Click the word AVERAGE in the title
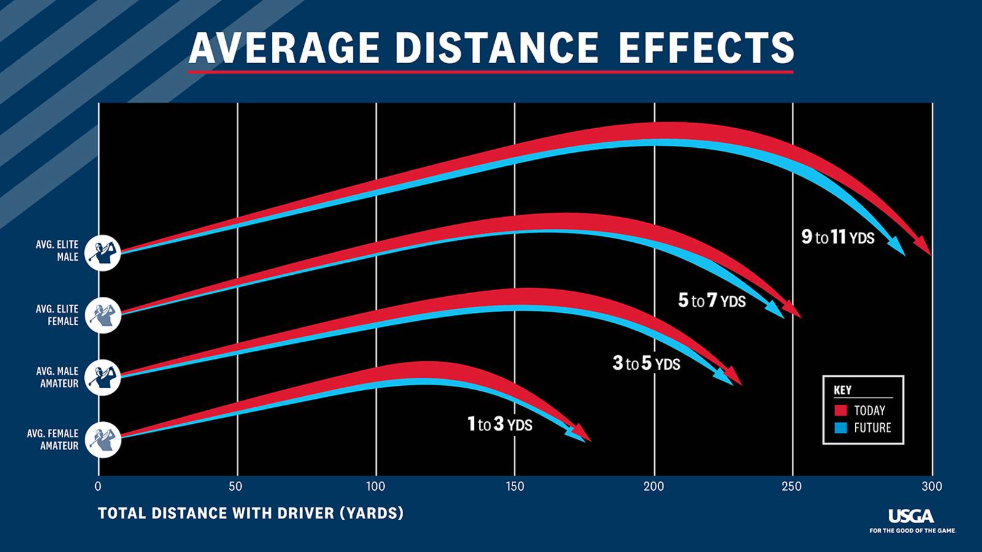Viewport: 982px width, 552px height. point(284,48)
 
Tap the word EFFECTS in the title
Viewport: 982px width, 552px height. point(706,48)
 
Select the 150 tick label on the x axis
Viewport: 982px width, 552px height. point(515,486)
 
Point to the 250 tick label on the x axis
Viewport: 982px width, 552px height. point(792,486)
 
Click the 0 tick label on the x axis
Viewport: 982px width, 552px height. point(98,486)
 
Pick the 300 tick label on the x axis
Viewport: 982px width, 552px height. point(931,486)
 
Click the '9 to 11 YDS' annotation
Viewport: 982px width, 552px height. point(838,237)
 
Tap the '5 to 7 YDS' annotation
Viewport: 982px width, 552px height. point(712,301)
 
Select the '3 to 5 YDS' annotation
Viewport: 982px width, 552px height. point(646,364)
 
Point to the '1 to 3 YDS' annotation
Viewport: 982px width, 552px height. point(500,424)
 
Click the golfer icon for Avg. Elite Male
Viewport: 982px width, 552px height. point(102,253)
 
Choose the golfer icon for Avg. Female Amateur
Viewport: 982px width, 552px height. point(102,440)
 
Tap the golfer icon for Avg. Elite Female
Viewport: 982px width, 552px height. point(102,315)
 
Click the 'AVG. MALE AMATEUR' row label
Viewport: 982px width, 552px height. point(59,377)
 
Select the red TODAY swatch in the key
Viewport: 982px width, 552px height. point(841,410)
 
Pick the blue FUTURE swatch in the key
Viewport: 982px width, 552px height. point(841,427)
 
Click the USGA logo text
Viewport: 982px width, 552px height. point(911,516)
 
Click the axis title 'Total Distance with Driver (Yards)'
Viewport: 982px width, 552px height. point(250,513)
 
